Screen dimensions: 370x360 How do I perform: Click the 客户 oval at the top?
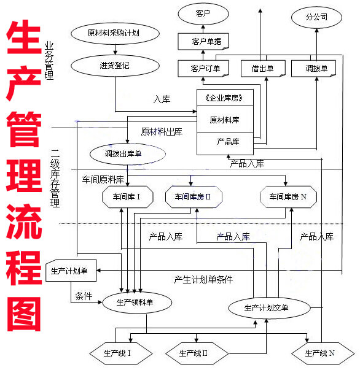[203, 13]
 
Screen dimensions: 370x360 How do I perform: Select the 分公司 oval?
[316, 17]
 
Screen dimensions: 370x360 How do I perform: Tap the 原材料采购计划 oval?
[106, 33]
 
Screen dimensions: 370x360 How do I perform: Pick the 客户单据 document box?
[202, 42]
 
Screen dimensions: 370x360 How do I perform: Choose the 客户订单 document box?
[202, 68]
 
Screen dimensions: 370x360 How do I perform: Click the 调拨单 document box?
[316, 68]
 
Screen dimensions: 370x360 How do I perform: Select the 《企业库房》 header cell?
[225, 98]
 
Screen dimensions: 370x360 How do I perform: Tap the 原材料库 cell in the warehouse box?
[225, 120]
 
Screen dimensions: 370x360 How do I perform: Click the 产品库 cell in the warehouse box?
[225, 142]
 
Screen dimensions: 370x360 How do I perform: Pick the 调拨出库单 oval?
[128, 154]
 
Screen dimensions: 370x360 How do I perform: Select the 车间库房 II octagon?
[192, 197]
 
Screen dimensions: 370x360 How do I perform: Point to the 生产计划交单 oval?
[265, 307]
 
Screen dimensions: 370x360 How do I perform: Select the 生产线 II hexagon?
[194, 353]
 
